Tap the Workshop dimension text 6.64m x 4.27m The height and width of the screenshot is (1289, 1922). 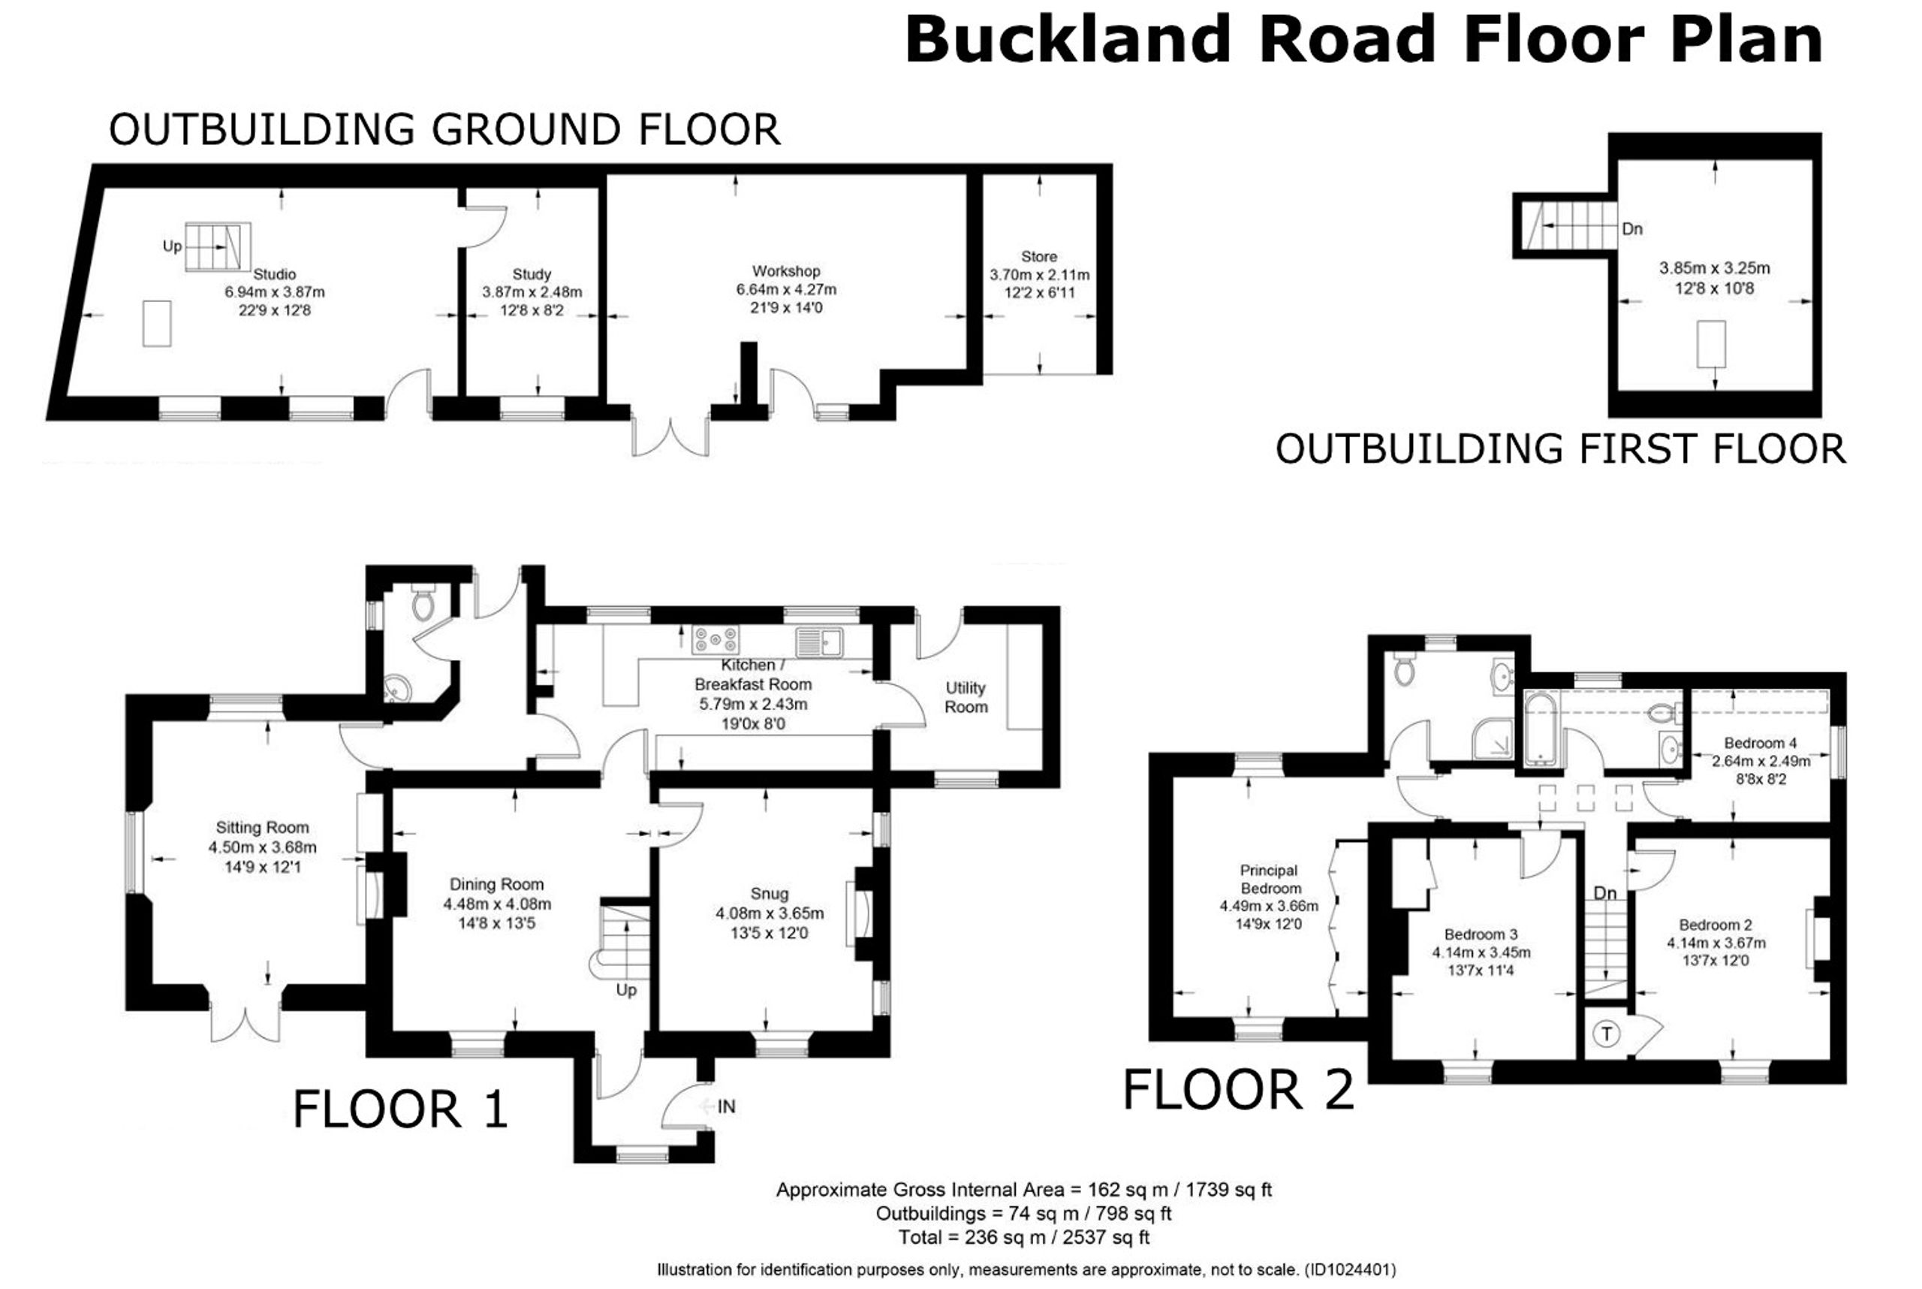click(x=786, y=289)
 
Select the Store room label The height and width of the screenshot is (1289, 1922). click(x=1038, y=256)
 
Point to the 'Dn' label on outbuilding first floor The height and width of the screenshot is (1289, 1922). click(x=1632, y=229)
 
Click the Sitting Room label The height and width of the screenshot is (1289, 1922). click(x=262, y=828)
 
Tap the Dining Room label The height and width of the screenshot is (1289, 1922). click(x=496, y=885)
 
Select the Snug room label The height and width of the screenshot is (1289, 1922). click(x=769, y=894)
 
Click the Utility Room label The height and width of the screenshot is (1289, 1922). click(x=966, y=697)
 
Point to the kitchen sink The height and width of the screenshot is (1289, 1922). click(x=818, y=642)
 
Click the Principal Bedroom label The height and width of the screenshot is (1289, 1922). click(x=1270, y=879)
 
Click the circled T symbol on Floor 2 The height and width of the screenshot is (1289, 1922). click(x=1607, y=1034)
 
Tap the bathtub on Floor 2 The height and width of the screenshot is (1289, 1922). click(x=1540, y=729)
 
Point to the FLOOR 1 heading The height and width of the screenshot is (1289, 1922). click(x=400, y=1109)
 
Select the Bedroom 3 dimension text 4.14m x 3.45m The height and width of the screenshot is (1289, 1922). click(x=1481, y=952)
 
